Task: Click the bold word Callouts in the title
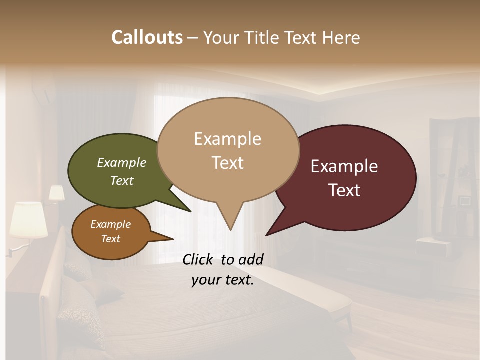pos(147,37)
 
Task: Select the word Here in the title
pos(341,37)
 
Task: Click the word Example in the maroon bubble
pos(344,166)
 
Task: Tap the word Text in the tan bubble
pos(228,162)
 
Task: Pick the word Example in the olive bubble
pos(122,162)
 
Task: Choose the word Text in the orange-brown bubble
pos(111,238)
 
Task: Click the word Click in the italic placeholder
pos(198,259)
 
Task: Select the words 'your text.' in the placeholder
pos(223,280)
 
